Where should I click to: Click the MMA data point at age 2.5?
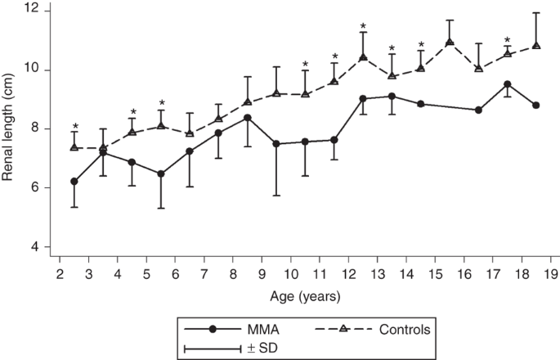74,182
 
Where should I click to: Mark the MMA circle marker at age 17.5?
508,84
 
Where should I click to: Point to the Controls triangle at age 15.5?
450,43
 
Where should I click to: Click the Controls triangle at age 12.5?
363,57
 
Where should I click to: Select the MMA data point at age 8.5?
248,118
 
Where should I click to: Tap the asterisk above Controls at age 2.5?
74,127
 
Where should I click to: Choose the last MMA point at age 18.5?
536,106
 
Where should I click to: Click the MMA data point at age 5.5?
161,173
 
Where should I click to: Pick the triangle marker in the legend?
343,329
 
